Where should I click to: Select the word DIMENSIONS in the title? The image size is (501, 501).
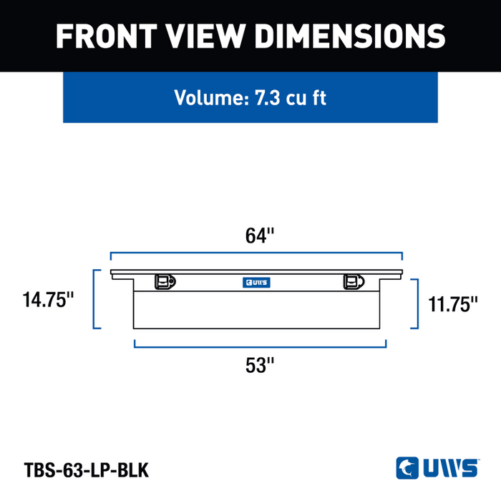coord(349,36)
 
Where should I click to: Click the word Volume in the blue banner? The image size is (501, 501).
coord(212,97)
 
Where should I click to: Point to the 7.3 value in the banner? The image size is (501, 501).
coord(267,97)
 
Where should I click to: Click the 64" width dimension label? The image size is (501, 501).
coord(260,235)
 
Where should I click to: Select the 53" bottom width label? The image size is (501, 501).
coord(260,365)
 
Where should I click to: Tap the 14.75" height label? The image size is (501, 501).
coord(48,299)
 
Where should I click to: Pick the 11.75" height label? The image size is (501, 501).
coord(453,304)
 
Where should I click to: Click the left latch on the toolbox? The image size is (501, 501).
coord(165,282)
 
